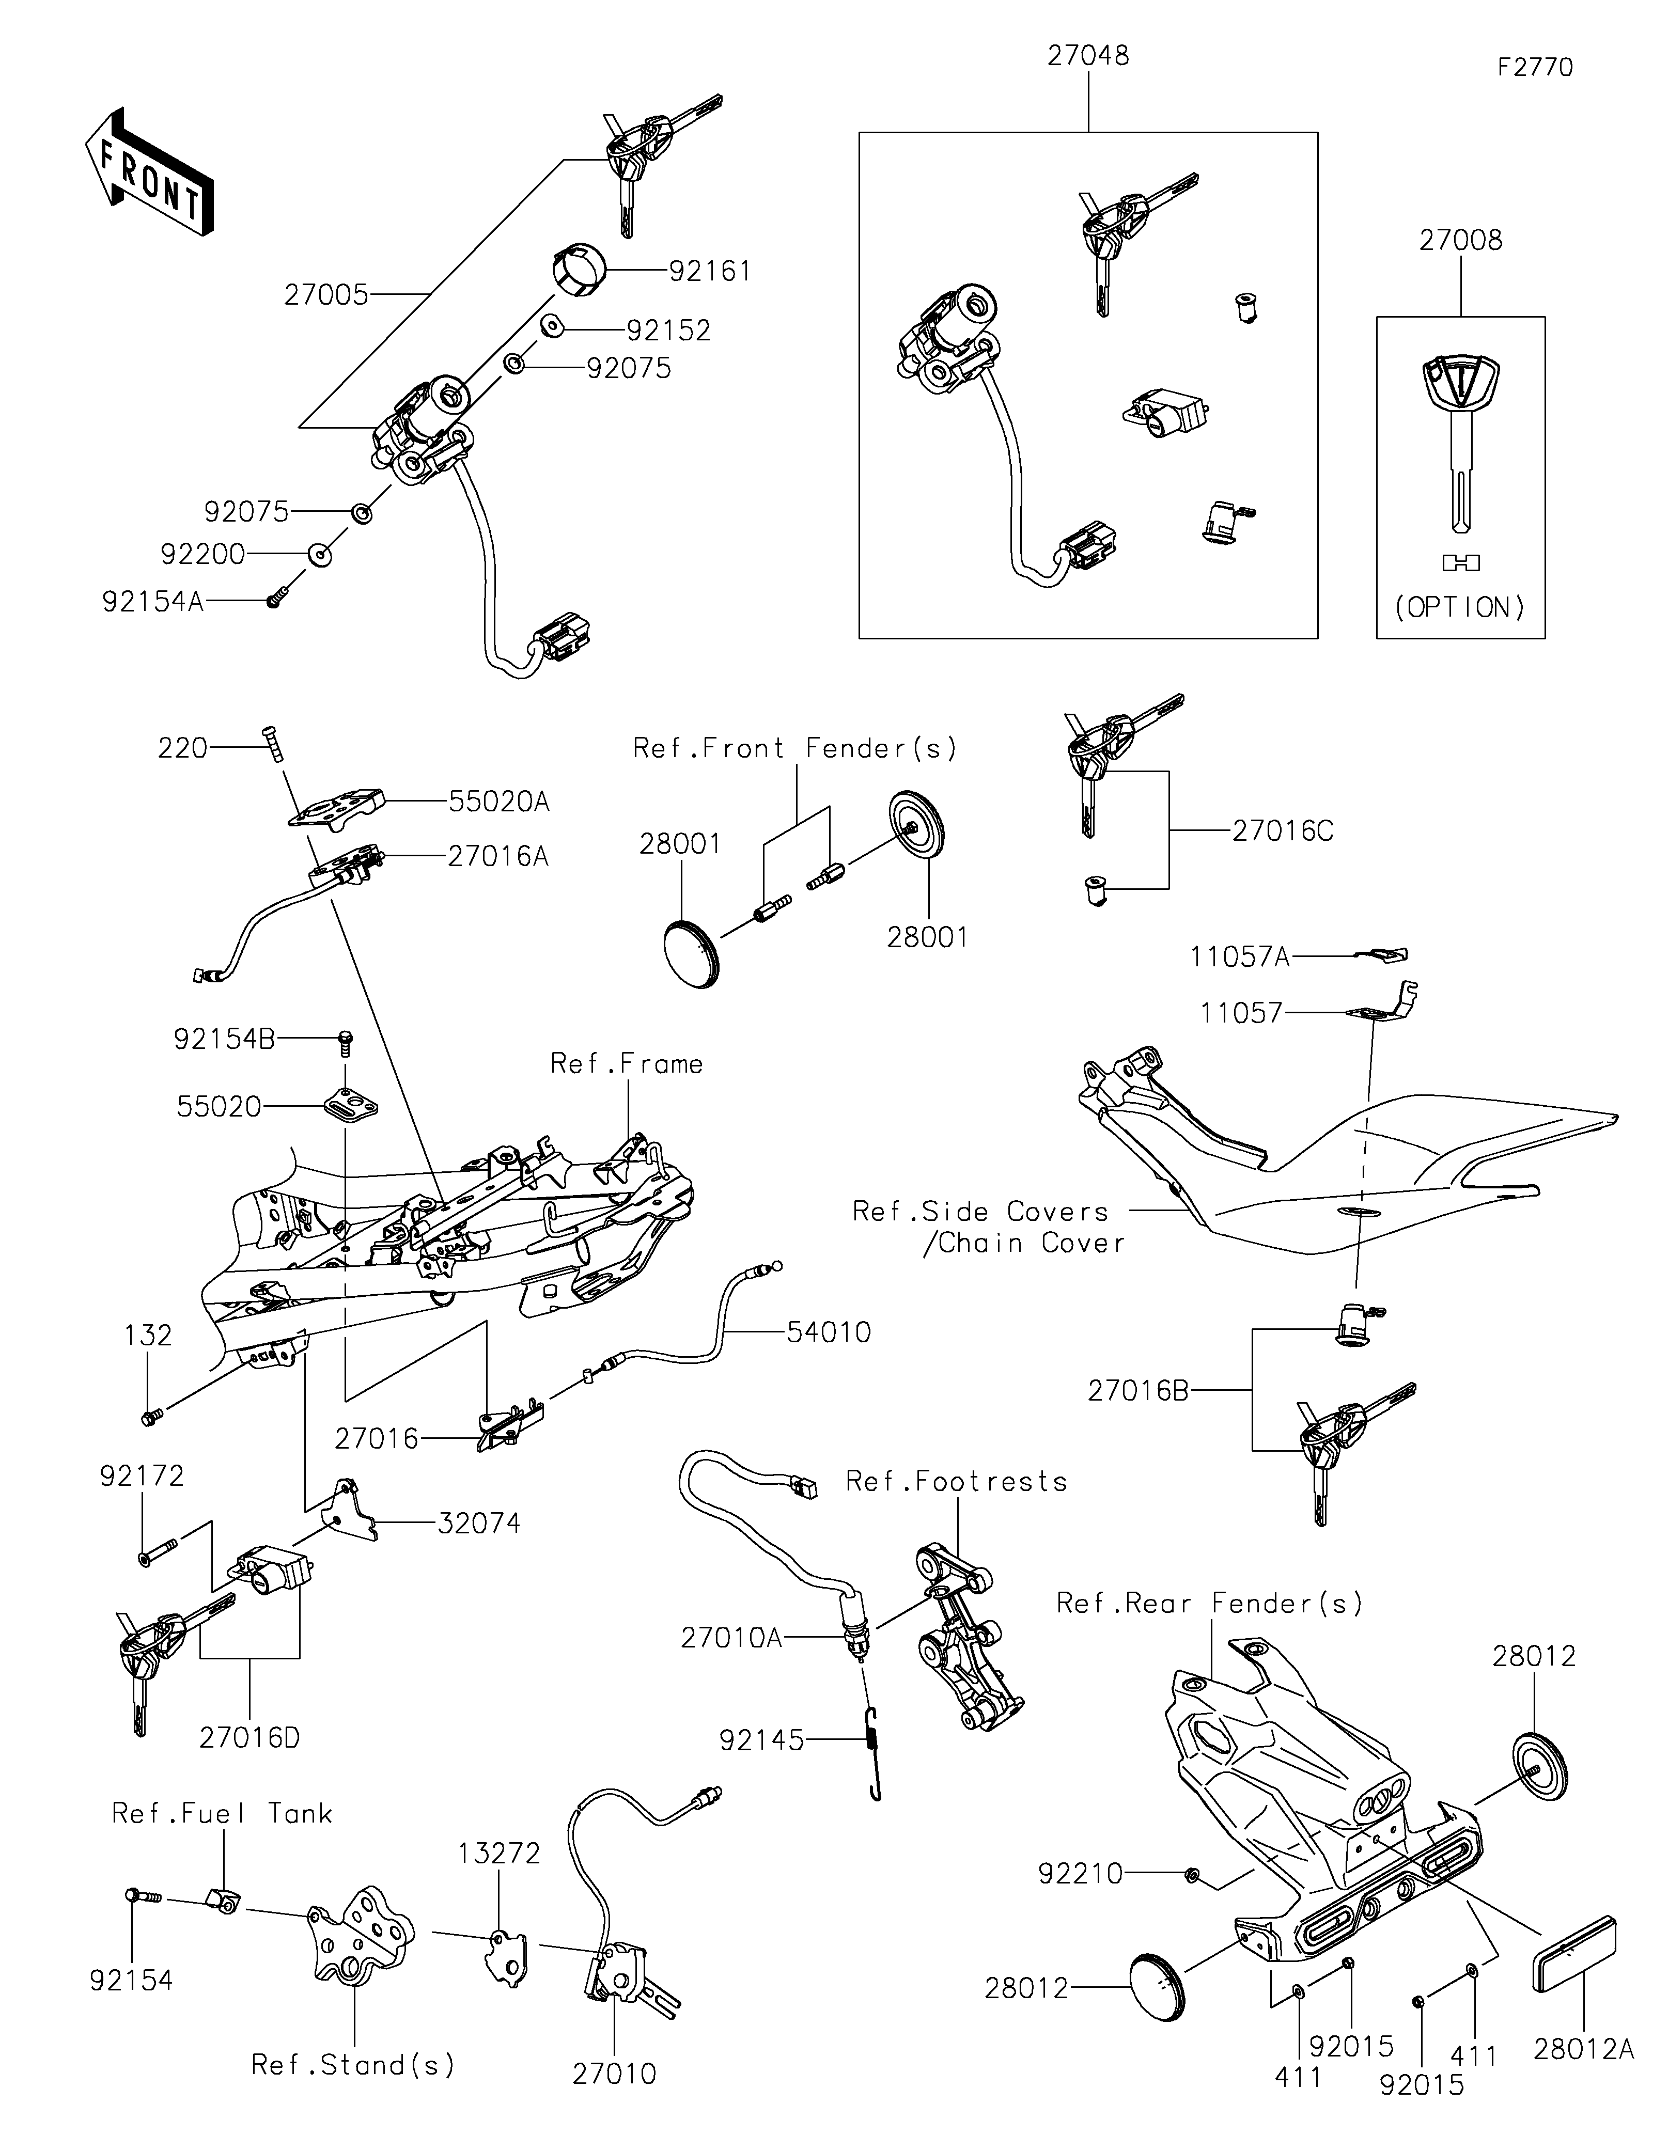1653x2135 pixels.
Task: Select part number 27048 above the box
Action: coord(1088,56)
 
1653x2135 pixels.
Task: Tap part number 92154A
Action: coord(152,601)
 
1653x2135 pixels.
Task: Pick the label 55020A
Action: coord(498,802)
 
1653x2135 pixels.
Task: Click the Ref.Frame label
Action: coord(627,1063)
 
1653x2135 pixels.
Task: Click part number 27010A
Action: coord(732,1638)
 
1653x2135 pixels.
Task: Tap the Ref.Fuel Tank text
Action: coord(222,1813)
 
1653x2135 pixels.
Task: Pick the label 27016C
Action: coord(1283,831)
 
